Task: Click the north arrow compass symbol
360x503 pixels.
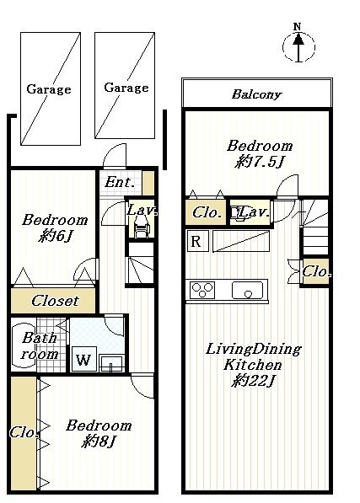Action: (x=298, y=45)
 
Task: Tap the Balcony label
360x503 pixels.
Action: (x=256, y=94)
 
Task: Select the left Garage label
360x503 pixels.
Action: (x=48, y=89)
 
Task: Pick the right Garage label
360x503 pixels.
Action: (x=126, y=88)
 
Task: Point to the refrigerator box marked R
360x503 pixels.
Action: (x=196, y=242)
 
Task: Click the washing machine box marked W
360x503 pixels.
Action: (x=82, y=360)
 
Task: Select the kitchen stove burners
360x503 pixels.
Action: (x=202, y=291)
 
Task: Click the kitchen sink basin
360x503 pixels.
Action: (x=248, y=292)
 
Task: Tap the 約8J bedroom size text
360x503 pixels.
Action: (x=99, y=441)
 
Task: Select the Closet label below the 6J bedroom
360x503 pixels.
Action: (x=55, y=301)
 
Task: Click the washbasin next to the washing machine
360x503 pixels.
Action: (x=111, y=363)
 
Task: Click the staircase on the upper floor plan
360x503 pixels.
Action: (x=317, y=227)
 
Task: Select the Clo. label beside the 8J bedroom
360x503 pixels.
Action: (x=23, y=433)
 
